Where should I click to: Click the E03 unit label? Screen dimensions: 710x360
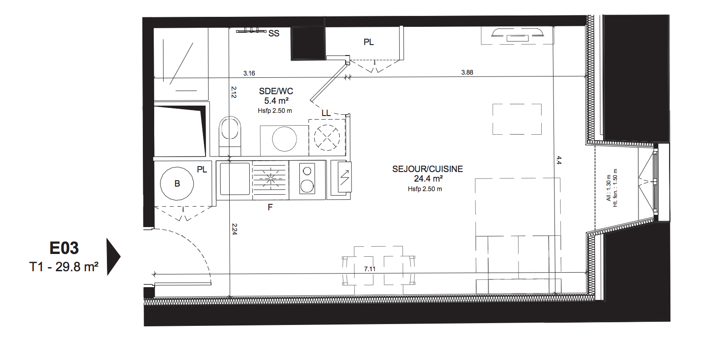[x=64, y=248]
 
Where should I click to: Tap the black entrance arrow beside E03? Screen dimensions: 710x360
[x=113, y=257]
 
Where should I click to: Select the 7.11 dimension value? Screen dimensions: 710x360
[x=370, y=269]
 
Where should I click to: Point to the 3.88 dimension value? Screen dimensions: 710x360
[x=467, y=72]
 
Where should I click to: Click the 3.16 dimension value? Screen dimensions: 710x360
[x=249, y=73]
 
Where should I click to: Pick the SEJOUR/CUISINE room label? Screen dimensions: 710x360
[x=428, y=169]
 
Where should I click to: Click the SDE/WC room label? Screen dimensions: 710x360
[x=276, y=91]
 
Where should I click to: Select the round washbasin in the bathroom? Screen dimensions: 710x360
[x=284, y=139]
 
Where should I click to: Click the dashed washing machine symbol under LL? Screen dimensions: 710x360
[x=327, y=137]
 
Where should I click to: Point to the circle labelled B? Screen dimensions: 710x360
[x=177, y=184]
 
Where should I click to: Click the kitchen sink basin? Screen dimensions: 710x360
[x=235, y=179]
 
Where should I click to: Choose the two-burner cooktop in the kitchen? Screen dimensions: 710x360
[x=307, y=179]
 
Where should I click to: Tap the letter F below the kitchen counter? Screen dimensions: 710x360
[x=270, y=208]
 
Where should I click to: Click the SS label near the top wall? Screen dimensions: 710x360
[x=274, y=33]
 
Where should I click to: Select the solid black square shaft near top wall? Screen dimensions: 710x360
[x=308, y=43]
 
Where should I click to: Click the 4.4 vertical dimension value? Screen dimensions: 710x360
[x=559, y=160]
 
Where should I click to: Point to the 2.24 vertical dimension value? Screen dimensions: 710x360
[x=235, y=229]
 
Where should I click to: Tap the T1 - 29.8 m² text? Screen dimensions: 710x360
[x=64, y=267]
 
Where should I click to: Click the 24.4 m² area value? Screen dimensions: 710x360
[x=428, y=179]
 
